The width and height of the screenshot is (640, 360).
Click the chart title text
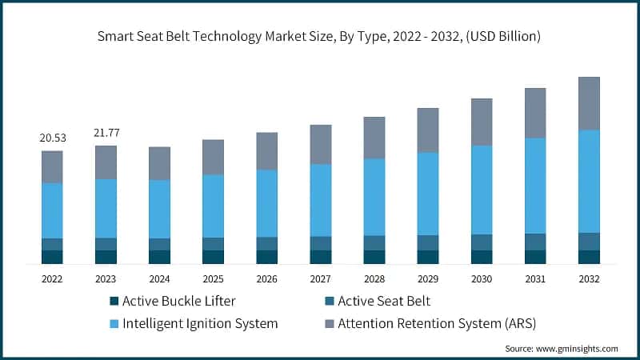pyautogui.click(x=320, y=36)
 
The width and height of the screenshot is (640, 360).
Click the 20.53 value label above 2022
pyautogui.click(x=53, y=138)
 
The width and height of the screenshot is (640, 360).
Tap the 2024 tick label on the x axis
pyautogui.click(x=159, y=278)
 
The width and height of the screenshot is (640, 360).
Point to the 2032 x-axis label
pyautogui.click(x=589, y=278)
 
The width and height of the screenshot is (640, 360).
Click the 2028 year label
pyautogui.click(x=374, y=278)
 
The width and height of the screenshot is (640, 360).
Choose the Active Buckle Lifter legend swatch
pyautogui.click(x=114, y=302)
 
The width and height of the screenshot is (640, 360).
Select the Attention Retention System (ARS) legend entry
pyautogui.click(x=437, y=324)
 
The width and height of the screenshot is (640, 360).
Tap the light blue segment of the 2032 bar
pyautogui.click(x=589, y=181)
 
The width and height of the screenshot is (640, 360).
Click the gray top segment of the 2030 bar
pyautogui.click(x=482, y=122)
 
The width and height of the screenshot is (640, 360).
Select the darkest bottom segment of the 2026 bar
pyautogui.click(x=266, y=257)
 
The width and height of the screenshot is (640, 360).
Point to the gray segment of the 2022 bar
pyautogui.click(x=53, y=166)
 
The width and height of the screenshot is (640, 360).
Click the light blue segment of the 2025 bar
pyautogui.click(x=213, y=206)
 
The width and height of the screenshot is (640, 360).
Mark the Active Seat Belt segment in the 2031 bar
pyautogui.click(x=535, y=242)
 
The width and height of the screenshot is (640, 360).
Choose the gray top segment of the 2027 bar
pyautogui.click(x=320, y=144)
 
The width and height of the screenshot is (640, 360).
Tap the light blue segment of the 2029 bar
pyautogui.click(x=428, y=194)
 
